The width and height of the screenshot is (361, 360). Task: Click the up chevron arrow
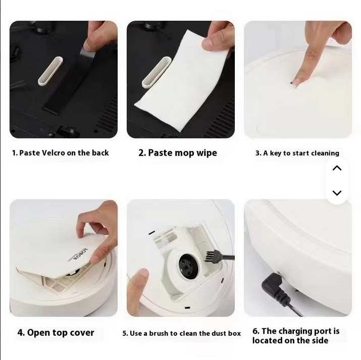pos(337,168)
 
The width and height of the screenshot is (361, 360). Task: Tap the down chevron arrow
pos(337,193)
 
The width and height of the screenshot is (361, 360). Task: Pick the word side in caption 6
pos(320,340)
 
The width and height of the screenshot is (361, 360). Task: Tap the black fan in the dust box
pos(188,266)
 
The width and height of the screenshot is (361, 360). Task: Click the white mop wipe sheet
pos(182,83)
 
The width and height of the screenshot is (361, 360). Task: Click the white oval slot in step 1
pos(50,71)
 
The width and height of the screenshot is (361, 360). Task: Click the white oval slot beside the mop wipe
pos(156,72)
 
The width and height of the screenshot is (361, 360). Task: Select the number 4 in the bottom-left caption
pos(21,333)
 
